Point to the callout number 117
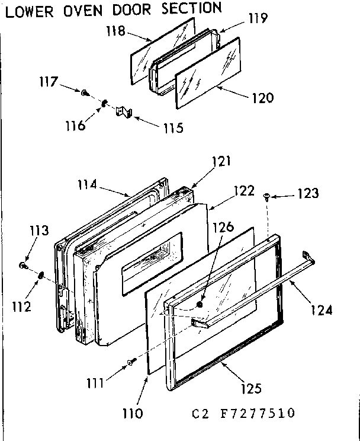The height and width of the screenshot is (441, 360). coord(48,82)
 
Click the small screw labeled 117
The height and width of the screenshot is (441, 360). coord(85,92)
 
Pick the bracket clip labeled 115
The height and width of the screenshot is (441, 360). coord(124,111)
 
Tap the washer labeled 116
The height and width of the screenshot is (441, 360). coord(103,103)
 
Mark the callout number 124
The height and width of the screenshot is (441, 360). coord(320,309)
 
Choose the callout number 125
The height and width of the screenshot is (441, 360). coord(252,389)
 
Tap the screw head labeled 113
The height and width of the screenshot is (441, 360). coord(23,266)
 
